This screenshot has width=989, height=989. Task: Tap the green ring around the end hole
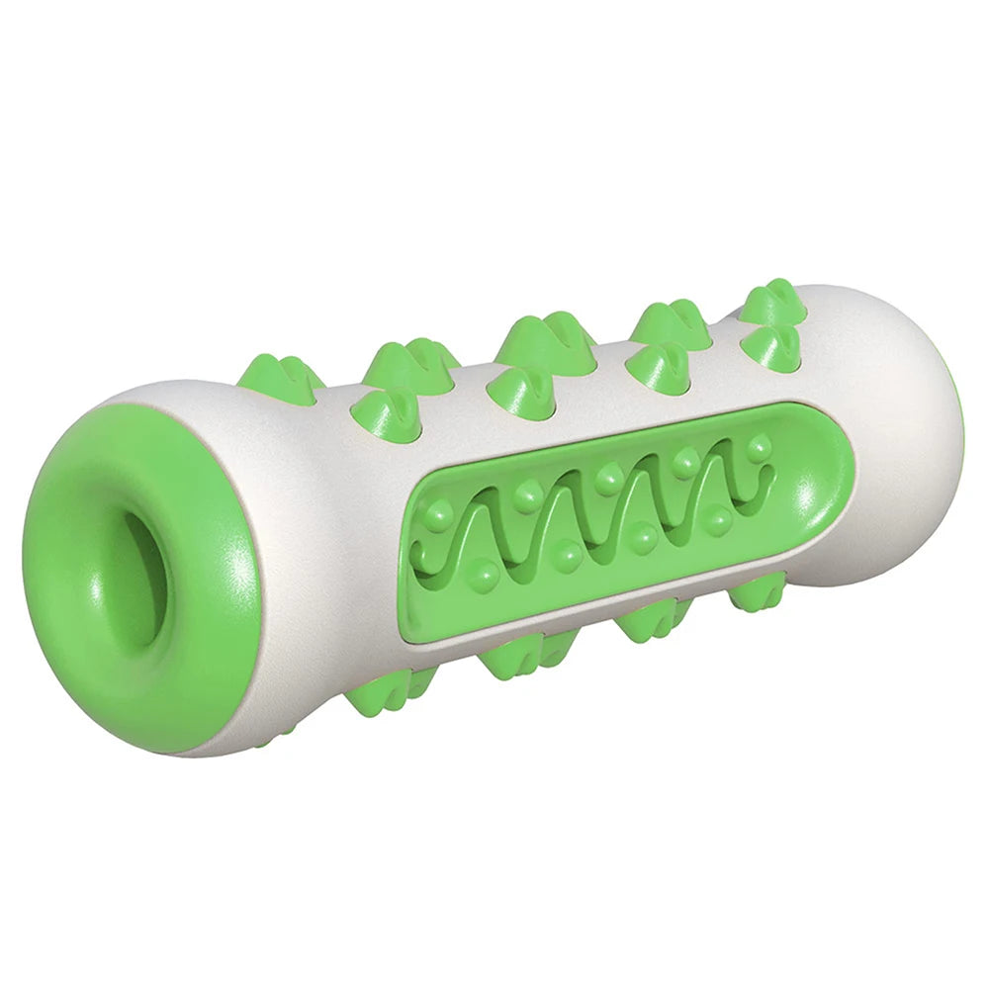coord(79,633)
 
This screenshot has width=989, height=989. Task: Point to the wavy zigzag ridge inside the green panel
coord(584,514)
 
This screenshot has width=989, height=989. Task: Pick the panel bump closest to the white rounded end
coord(759,448)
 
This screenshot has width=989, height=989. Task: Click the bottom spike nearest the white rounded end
coord(757,593)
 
